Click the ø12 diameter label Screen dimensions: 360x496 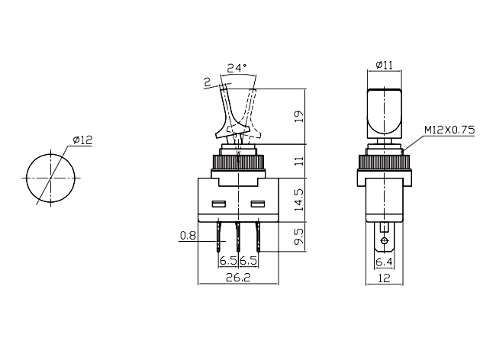pos(82,140)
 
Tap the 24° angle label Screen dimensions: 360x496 pos(238,68)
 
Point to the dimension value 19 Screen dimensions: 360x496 pos(299,117)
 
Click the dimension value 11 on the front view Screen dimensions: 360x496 pos(299,160)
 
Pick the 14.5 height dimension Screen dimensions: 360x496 pos(299,200)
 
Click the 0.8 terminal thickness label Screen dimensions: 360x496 pos(188,236)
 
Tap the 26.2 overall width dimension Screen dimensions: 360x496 pos(238,278)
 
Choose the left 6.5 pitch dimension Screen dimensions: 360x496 pos(228,261)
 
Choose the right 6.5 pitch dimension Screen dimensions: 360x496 pos(248,261)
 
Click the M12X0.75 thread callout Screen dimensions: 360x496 pos(449,130)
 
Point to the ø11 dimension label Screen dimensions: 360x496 pos(385,66)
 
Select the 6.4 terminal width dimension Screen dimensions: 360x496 pos(385,262)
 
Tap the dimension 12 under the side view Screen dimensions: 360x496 pos(385,278)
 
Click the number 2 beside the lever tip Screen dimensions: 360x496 pos(207,82)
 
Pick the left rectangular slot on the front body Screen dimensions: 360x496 pos(218,204)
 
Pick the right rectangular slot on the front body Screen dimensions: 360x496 pos(257,204)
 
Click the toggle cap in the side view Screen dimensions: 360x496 pos(385,111)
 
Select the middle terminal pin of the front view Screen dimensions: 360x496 pos(238,236)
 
